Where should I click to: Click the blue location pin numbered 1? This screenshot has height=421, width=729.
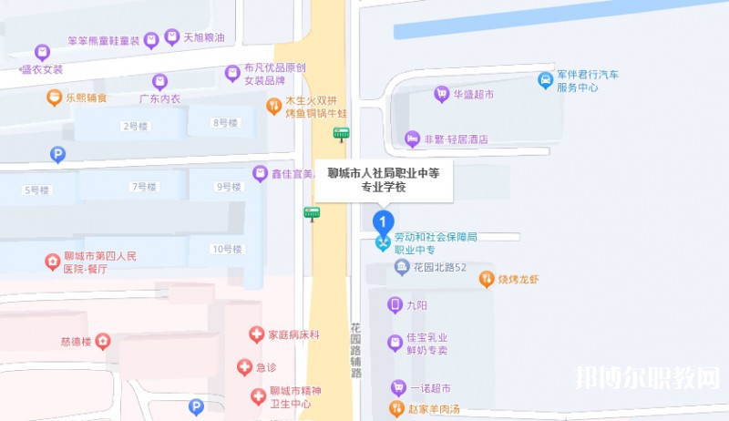[x=385, y=221]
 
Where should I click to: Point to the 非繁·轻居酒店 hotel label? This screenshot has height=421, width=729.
[x=457, y=139]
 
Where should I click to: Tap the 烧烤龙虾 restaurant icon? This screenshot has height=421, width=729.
[x=487, y=280]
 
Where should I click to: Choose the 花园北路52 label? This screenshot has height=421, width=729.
[x=439, y=267]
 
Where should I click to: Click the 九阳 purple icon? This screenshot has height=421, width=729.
[x=395, y=305]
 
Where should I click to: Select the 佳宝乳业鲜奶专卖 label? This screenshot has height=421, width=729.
[x=426, y=344]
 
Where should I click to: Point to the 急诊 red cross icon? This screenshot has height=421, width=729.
[x=244, y=367]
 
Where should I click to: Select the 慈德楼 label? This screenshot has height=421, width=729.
[x=77, y=342]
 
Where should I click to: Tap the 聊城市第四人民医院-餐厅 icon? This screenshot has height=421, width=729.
[x=53, y=262]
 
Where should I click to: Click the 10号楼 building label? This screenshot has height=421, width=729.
[x=225, y=249]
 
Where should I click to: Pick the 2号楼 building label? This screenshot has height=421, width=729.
[x=135, y=125]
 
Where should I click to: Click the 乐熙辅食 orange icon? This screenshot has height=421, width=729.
[x=55, y=97]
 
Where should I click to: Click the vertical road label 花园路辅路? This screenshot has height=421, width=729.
[x=355, y=349]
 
